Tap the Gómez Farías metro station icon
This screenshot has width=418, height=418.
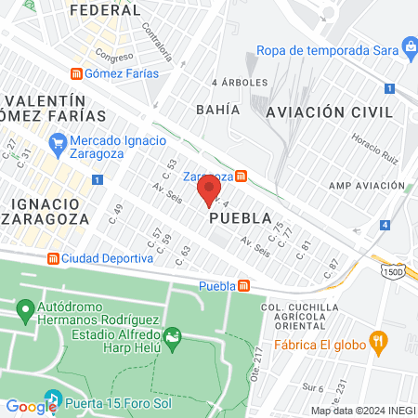[x=78, y=73]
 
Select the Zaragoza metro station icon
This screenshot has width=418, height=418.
[x=241, y=175]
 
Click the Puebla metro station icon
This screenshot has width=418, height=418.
[x=243, y=285]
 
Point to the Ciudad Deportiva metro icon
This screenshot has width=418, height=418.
[x=54, y=258]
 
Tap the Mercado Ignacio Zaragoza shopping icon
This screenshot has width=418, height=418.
[x=58, y=143]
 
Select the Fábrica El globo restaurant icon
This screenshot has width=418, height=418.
[x=376, y=341]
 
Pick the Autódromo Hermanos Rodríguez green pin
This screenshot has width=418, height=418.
[x=25, y=307]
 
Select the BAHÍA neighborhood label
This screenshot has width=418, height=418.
[x=217, y=109]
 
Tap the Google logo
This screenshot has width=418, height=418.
[x=32, y=406]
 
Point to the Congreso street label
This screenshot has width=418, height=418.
[x=112, y=55]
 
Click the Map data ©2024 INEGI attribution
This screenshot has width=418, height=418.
[x=362, y=411]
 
